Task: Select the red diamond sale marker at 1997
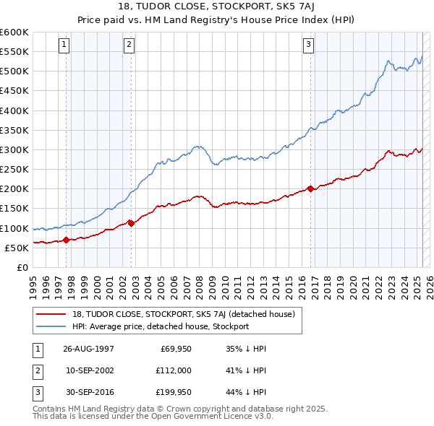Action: pos(66,240)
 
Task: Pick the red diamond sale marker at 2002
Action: pos(131,223)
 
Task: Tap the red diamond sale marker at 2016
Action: pos(310,188)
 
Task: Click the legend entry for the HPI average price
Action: pos(161,326)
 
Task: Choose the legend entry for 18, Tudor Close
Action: pos(183,315)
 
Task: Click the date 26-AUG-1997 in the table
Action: pos(88,349)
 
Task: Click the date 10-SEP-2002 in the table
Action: pos(88,371)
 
